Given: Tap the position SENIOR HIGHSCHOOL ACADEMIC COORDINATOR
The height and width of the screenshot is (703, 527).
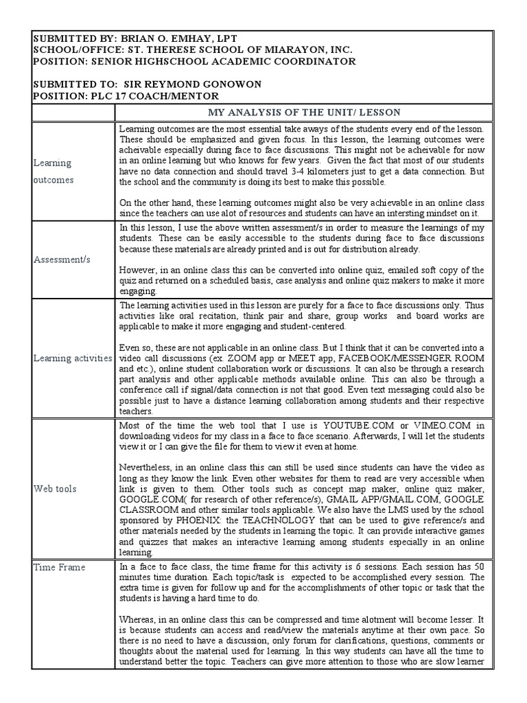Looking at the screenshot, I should [220, 62].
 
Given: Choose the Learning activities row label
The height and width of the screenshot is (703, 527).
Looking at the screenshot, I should [73, 358].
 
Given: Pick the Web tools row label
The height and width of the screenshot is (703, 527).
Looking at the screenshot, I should [55, 488].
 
